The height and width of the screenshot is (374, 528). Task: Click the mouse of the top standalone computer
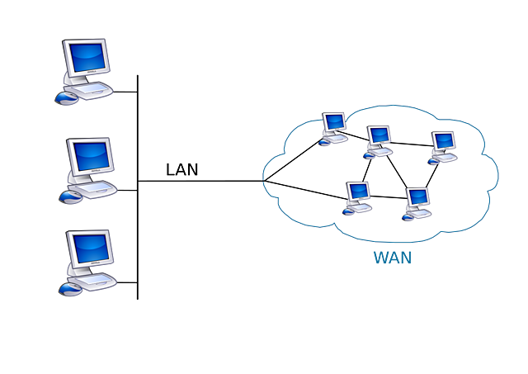(66, 97)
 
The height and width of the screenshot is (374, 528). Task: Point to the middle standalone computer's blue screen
(89, 154)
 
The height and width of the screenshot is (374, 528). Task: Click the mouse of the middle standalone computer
(69, 196)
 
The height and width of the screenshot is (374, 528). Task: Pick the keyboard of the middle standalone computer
(97, 187)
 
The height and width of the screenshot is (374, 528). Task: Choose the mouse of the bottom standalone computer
(69, 289)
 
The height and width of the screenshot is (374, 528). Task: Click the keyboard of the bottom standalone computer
(97, 279)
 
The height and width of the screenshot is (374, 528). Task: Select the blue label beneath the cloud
(392, 258)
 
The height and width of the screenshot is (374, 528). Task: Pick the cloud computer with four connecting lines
(378, 139)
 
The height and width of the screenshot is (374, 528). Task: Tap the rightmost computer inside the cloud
(443, 144)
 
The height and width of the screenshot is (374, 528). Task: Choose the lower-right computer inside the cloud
(417, 201)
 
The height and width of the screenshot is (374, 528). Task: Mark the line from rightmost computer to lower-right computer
(431, 176)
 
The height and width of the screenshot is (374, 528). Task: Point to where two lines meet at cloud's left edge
(262, 180)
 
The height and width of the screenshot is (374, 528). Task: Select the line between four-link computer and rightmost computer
(411, 145)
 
